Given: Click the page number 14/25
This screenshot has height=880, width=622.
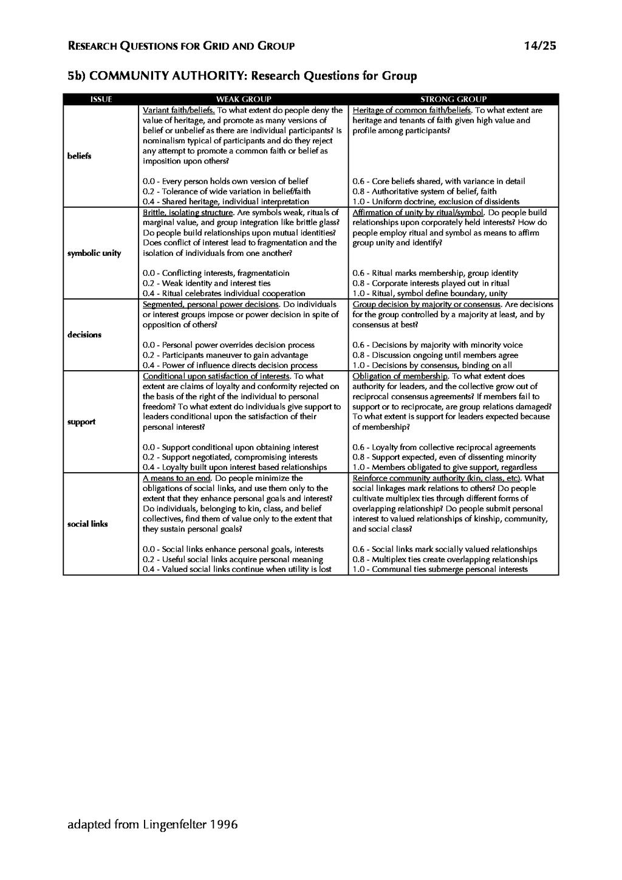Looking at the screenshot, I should point(539,46).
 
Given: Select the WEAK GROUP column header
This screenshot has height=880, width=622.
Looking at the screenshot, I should point(244,99).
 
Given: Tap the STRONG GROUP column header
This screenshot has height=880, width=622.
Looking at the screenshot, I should point(453,99).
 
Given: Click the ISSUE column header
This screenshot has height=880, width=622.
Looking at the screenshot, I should point(101,99).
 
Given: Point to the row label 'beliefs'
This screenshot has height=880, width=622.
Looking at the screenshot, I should point(80,156).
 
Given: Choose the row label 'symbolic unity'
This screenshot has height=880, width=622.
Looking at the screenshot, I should point(94,253).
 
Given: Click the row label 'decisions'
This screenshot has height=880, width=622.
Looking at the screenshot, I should point(84,335).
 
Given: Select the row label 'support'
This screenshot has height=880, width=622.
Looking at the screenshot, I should point(81,422).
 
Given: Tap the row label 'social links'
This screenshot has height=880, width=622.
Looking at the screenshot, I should point(87,524).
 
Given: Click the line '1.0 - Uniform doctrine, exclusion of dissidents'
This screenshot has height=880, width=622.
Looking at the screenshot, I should point(436,202).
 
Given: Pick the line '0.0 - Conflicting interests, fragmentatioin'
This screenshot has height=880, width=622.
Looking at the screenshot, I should point(216,273).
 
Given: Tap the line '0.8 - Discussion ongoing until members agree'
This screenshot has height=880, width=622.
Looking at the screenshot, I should point(435,356).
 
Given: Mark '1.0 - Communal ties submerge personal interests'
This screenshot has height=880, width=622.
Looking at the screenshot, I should point(440,569).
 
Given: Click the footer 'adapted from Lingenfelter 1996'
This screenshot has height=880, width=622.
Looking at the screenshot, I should point(152,825).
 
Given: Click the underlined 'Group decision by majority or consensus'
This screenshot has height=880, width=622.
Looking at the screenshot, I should point(426,304).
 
